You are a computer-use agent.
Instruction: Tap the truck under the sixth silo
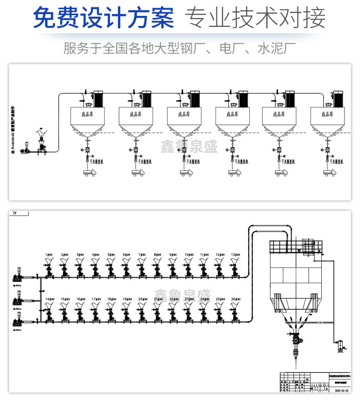[x=330, y=173]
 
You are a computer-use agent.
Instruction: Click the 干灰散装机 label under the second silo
[x=144, y=161]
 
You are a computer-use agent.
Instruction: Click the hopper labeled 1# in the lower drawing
[x=49, y=263]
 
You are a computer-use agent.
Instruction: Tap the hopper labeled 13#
[x=235, y=263]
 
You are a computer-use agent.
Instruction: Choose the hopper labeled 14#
[x=49, y=307]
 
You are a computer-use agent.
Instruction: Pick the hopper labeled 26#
[x=235, y=307]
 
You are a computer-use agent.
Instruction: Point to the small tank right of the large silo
[x=339, y=345]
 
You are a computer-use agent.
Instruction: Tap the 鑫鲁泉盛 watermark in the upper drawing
[x=189, y=146]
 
